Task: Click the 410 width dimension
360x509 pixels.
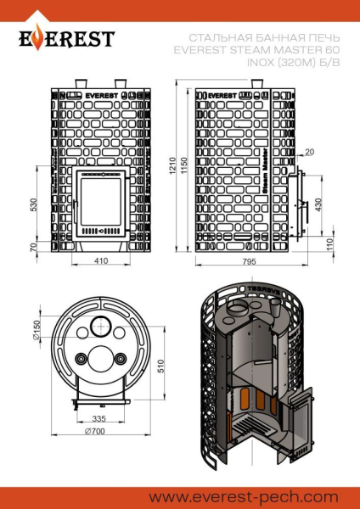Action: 100,261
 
